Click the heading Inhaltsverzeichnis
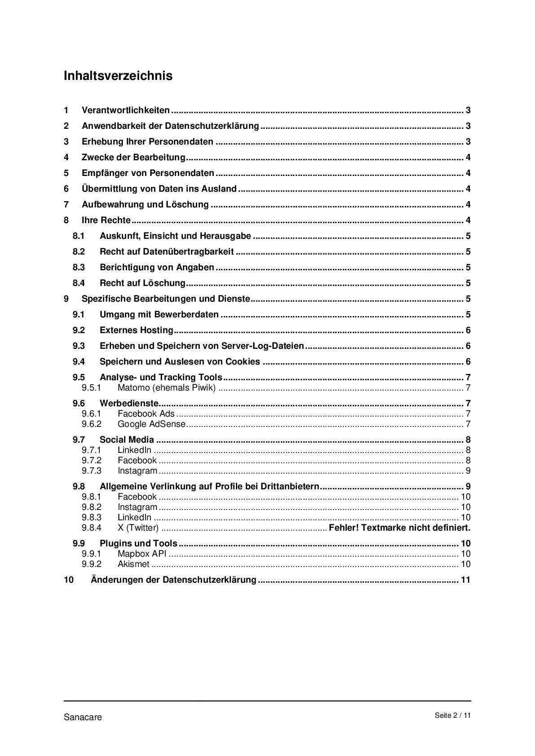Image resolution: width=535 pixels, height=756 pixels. coord(118,75)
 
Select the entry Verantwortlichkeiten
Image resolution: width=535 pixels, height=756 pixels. coord(125,110)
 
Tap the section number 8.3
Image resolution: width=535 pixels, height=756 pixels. coord(79,268)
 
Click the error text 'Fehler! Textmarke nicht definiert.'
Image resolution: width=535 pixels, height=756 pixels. coord(399,527)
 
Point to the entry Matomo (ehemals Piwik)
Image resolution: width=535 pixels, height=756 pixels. coord(166,388)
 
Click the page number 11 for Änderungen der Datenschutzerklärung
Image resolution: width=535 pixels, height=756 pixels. coord(465,580)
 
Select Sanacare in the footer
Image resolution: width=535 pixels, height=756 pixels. coord(83,717)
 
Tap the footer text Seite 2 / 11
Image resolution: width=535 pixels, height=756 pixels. coord(452,716)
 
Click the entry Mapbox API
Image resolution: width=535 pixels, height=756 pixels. coord(141,554)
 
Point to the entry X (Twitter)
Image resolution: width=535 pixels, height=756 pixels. coord(138,528)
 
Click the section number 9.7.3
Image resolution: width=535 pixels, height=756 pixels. coord(91,471)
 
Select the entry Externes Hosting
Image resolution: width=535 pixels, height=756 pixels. coord(136,330)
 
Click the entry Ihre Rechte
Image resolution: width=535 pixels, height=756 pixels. coord(106,220)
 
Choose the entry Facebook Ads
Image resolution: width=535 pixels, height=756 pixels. coord(146,414)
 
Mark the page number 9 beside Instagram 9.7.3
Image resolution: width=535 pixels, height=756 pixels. coord(468,471)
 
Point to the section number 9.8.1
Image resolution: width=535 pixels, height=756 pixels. coord(91,497)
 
